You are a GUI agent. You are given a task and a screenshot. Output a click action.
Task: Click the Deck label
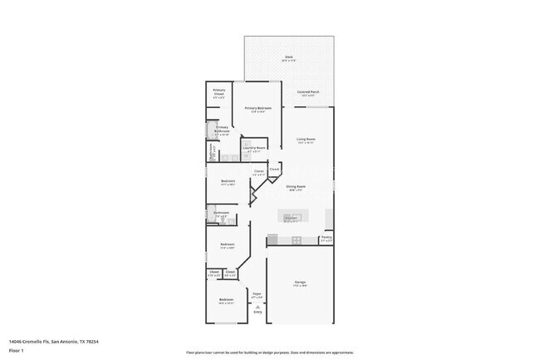[287, 57]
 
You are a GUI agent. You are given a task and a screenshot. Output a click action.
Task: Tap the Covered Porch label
[309, 92]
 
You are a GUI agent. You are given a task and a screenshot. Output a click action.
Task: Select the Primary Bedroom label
[258, 108]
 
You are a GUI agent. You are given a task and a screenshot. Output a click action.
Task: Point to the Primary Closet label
[218, 91]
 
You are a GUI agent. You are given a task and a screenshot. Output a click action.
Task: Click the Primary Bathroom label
[222, 128]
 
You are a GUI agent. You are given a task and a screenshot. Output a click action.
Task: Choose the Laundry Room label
[255, 149]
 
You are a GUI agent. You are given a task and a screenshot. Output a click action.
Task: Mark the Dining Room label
[296, 186]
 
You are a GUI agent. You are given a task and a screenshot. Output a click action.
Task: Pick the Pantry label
[326, 237]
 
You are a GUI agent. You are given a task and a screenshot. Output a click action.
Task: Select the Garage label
[300, 282]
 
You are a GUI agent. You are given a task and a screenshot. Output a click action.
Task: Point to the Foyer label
[258, 293]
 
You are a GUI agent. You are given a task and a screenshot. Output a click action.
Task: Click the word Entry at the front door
[258, 313]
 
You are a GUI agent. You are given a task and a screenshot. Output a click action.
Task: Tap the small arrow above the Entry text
[258, 307]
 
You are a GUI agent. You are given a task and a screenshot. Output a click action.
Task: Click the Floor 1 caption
[16, 348]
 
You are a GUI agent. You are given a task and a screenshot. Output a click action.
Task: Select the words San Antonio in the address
[66, 341]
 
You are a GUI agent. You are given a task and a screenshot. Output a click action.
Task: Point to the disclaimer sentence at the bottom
[269, 353]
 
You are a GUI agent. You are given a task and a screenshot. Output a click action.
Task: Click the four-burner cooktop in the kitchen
[296, 241]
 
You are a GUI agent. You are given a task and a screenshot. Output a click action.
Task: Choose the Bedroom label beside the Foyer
[226, 299]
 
